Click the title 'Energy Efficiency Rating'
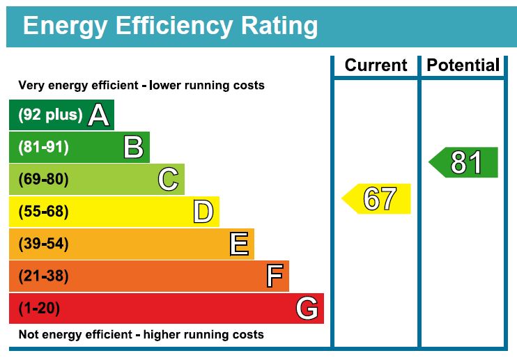pyautogui.click(x=171, y=26)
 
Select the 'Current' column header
pyautogui.click(x=376, y=65)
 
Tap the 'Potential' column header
pyautogui.click(x=463, y=65)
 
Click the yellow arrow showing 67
pyautogui.click(x=377, y=199)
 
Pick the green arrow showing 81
pyautogui.click(x=464, y=162)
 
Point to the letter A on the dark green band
pyautogui.click(x=99, y=115)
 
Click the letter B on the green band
pyautogui.click(x=133, y=148)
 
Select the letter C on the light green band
pyautogui.click(x=168, y=180)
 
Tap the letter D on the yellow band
pyautogui.click(x=203, y=212)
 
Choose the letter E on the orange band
pyautogui.click(x=238, y=244)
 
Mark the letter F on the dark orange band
pyautogui.click(x=274, y=276)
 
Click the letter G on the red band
pyautogui.click(x=307, y=308)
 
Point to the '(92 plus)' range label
pyautogui.click(x=50, y=115)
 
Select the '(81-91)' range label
pyautogui.click(x=43, y=148)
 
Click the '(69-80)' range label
pyautogui.click(x=43, y=180)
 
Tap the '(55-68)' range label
pyautogui.click(x=43, y=212)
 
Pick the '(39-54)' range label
pyautogui.click(x=43, y=244)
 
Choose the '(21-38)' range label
pyautogui.click(x=43, y=276)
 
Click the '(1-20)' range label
pyautogui.click(x=39, y=308)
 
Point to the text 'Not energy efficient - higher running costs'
pyautogui.click(x=141, y=335)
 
